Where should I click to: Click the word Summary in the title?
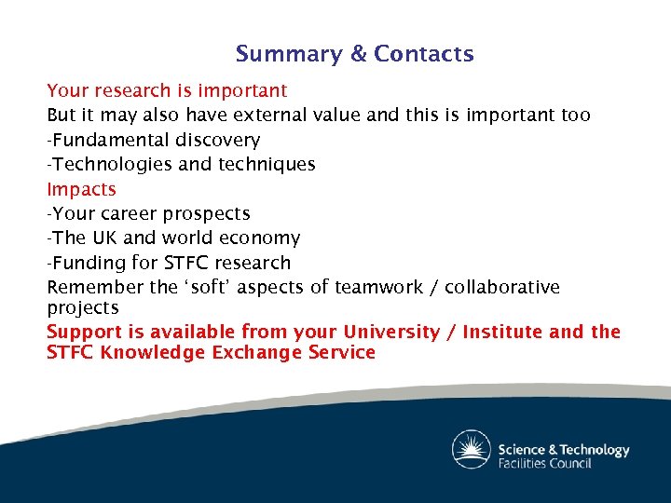288,55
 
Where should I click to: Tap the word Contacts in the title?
424,54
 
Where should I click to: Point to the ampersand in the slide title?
359,54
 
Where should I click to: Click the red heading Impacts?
82,189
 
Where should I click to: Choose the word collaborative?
501,287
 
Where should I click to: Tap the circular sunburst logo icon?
471,450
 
